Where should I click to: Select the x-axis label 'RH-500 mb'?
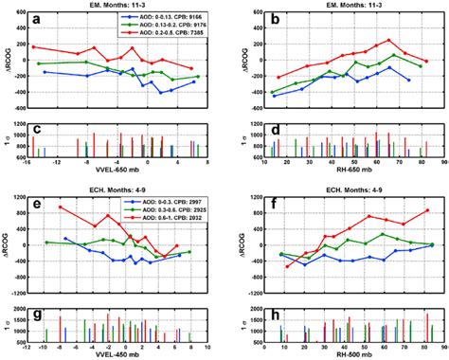pos(347,351)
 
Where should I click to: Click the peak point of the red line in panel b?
pos(388,41)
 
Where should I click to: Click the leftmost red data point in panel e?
pos(59,207)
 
